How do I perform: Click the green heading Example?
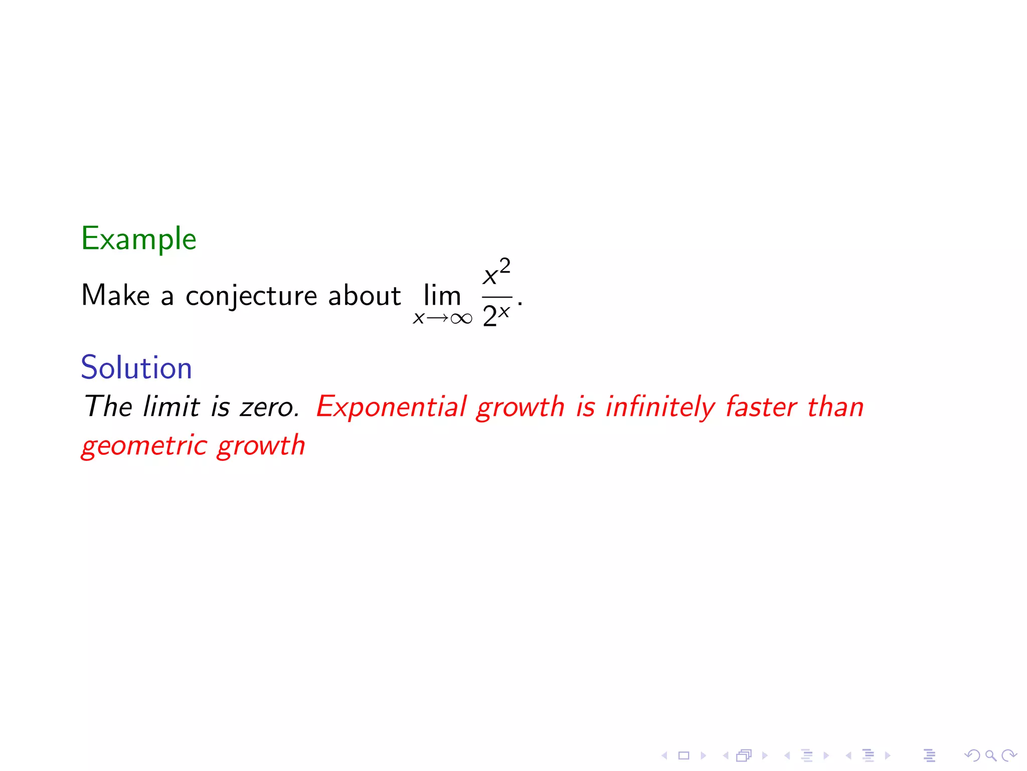(138, 239)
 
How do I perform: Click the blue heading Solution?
(136, 367)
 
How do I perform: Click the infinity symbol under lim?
(461, 319)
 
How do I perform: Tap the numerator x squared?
(496, 273)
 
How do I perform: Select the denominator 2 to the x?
(496, 316)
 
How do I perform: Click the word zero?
(269, 407)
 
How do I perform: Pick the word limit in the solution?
(172, 406)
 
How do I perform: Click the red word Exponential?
(392, 407)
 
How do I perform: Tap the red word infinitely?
(660, 407)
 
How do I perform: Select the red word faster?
(761, 406)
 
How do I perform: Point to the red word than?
(836, 406)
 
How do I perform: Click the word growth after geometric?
(261, 446)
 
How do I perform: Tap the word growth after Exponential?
(520, 407)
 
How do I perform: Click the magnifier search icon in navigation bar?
(990, 755)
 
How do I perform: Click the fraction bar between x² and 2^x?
(497, 297)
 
